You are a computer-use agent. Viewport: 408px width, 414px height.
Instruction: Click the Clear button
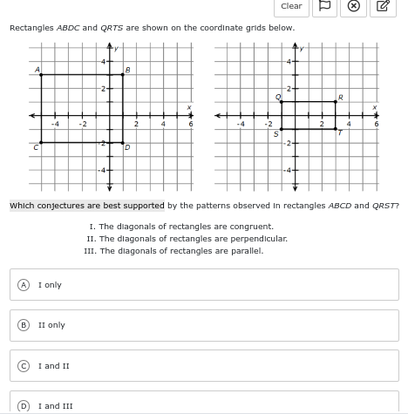[x=291, y=6]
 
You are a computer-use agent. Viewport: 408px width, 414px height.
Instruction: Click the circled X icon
[x=354, y=6]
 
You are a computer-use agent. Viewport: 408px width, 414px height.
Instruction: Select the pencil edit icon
[x=382, y=6]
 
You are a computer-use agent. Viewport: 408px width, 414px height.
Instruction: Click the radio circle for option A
[x=24, y=285]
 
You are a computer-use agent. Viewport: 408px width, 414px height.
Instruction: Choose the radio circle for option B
[x=24, y=325]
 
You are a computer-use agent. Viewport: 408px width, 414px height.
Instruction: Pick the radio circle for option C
[x=24, y=366]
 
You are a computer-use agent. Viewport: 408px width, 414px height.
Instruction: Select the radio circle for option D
[x=24, y=405]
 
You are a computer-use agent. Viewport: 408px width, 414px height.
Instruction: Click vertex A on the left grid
[x=41, y=75]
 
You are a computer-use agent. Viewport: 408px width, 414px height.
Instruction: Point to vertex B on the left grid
[x=123, y=75]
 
